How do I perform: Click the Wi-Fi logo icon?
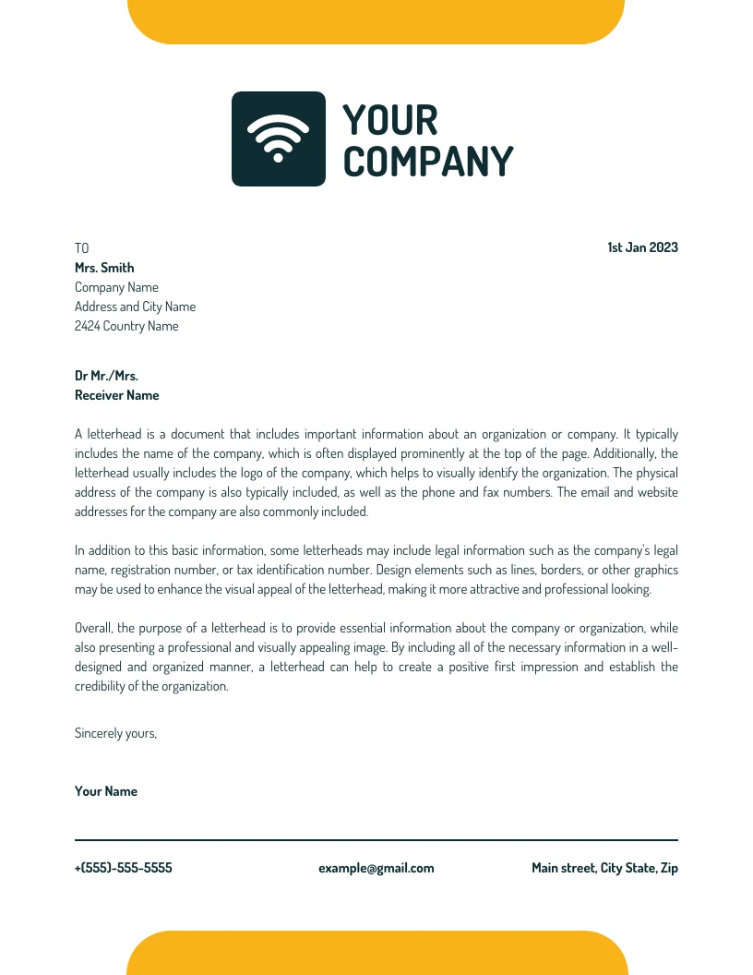pyautogui.click(x=278, y=138)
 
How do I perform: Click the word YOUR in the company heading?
pyautogui.click(x=389, y=120)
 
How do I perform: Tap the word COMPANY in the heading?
pyautogui.click(x=427, y=162)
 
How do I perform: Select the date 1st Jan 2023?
pyautogui.click(x=642, y=247)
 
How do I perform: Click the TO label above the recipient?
pyautogui.click(x=82, y=248)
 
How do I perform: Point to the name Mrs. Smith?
pyautogui.click(x=104, y=268)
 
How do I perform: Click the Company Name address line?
pyautogui.click(x=116, y=287)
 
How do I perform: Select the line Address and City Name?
pyautogui.click(x=135, y=307)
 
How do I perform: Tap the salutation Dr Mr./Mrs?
pyautogui.click(x=106, y=376)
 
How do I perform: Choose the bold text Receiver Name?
pyautogui.click(x=116, y=395)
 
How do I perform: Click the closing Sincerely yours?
pyautogui.click(x=115, y=733)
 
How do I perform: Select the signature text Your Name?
pyautogui.click(x=106, y=791)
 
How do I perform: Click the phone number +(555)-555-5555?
pyautogui.click(x=123, y=868)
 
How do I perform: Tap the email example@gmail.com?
pyautogui.click(x=376, y=868)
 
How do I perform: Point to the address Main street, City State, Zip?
pyautogui.click(x=604, y=868)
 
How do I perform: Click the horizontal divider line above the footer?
pyautogui.click(x=376, y=840)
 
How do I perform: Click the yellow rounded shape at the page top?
pyautogui.click(x=376, y=21)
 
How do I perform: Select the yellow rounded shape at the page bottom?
pyautogui.click(x=376, y=954)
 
